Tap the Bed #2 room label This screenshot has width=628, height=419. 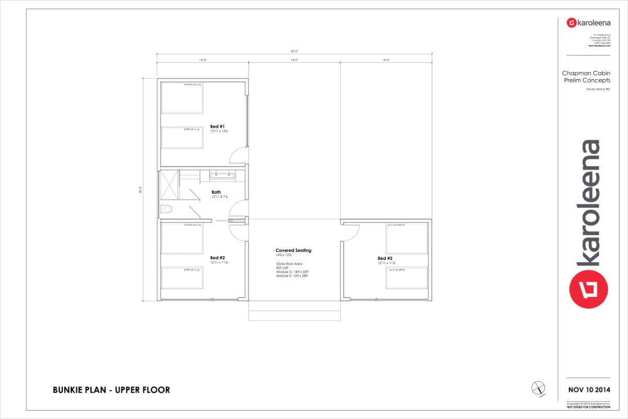point(217,258)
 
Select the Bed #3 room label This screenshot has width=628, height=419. point(385,258)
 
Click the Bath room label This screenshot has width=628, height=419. point(216,192)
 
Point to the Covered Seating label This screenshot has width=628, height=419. point(293,250)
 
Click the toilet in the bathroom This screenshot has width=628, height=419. point(167,210)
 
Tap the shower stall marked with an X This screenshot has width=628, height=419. point(169,185)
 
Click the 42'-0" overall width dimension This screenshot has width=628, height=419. point(294,51)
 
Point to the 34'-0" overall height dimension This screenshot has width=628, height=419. point(141,191)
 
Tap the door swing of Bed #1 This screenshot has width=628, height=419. point(238,154)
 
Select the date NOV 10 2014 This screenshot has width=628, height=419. point(589,390)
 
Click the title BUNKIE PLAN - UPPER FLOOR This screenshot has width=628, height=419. point(111,390)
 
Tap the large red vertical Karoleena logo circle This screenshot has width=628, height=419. point(589,288)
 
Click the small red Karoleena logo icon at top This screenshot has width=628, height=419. point(571,23)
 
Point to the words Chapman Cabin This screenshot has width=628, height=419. point(586,73)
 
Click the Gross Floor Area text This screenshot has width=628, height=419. point(289,263)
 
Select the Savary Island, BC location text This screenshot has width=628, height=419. point(598,89)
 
